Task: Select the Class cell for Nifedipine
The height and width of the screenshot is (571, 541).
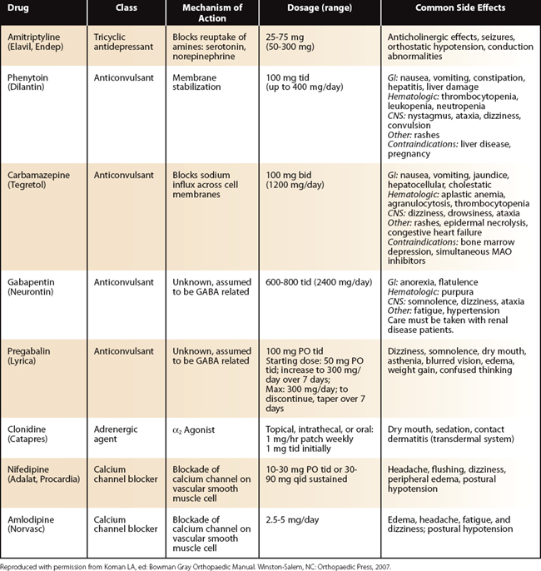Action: tap(127, 475)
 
